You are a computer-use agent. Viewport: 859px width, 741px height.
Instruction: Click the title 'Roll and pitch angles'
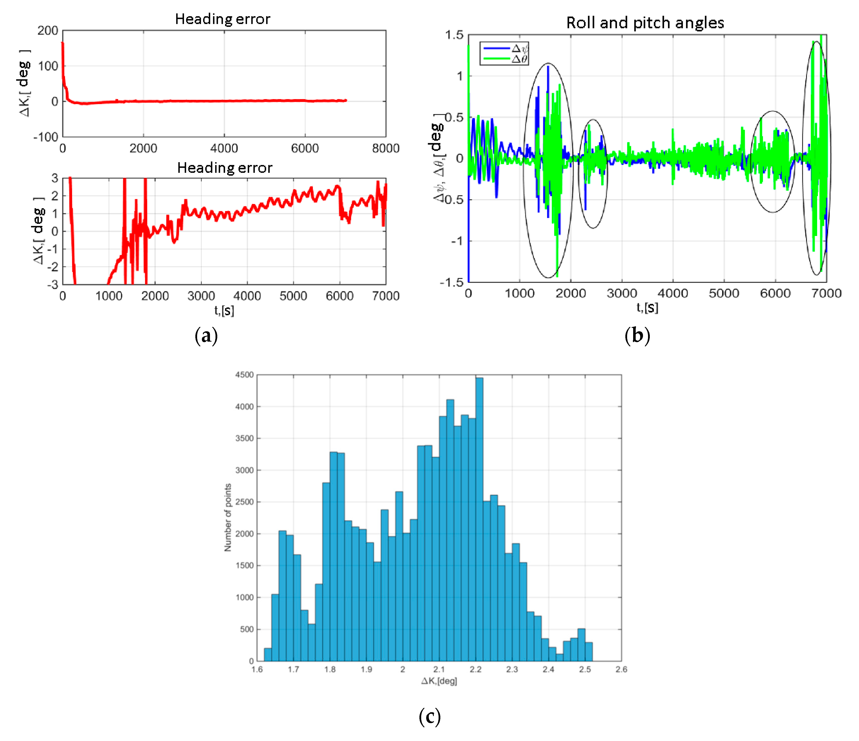pos(645,23)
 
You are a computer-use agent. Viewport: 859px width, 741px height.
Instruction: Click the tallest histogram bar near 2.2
pos(479,518)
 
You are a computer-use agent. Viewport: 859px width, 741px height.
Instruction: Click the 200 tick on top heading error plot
pos(48,31)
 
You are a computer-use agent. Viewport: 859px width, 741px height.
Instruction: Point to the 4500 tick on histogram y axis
pos(244,375)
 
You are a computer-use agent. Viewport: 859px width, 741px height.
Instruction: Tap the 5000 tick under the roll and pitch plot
pos(724,293)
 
